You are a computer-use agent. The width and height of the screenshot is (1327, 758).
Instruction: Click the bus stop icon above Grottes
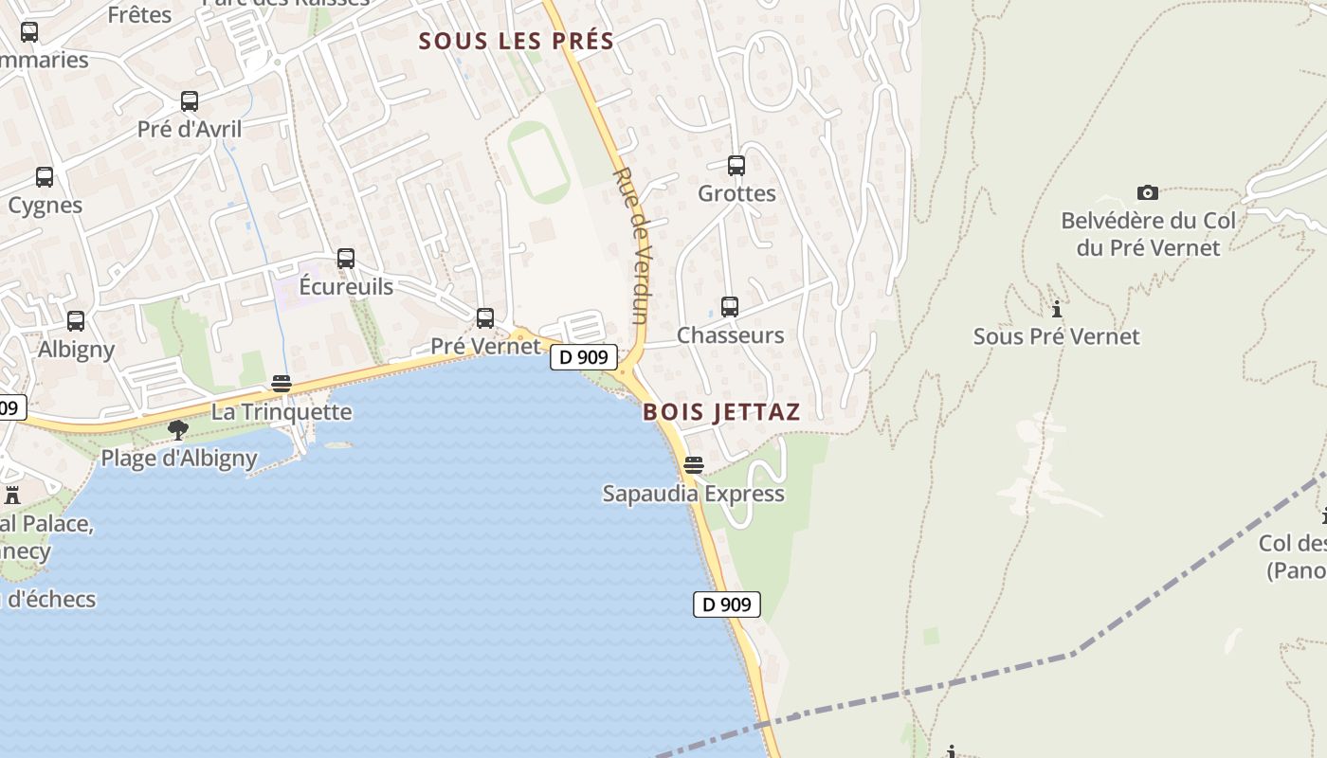tap(736, 166)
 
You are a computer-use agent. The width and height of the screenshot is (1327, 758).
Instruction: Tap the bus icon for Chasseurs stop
tap(729, 307)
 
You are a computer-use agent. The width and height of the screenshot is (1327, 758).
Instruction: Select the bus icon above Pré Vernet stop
tap(485, 318)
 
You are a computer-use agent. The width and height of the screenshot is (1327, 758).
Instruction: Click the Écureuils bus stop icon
tap(346, 259)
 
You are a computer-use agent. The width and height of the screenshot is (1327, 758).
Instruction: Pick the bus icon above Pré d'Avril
tap(190, 101)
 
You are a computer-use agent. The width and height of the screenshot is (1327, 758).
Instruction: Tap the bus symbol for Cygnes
tap(45, 177)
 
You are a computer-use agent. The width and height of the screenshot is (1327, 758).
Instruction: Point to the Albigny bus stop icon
tap(76, 321)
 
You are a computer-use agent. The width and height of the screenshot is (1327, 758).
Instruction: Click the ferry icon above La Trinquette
tap(282, 384)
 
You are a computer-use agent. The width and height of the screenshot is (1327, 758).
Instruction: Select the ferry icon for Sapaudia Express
tap(694, 465)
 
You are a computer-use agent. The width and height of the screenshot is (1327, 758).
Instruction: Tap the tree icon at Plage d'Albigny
tap(177, 431)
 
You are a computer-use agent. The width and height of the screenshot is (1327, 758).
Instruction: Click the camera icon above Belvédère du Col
tap(1148, 193)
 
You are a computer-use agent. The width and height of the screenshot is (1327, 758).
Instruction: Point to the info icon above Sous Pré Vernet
tap(1056, 309)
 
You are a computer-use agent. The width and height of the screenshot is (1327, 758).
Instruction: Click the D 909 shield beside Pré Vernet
tap(584, 357)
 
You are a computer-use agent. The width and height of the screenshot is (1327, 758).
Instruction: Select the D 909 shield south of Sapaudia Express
tap(727, 605)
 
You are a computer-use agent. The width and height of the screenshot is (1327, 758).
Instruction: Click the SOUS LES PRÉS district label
tap(517, 42)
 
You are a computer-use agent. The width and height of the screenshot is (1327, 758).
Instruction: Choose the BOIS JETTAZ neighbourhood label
tap(721, 412)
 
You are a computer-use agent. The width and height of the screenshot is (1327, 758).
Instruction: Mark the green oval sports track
tap(538, 161)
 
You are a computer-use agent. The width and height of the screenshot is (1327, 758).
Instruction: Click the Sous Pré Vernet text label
tap(1056, 336)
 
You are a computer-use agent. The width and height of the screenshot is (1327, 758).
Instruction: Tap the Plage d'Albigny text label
tap(179, 459)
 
